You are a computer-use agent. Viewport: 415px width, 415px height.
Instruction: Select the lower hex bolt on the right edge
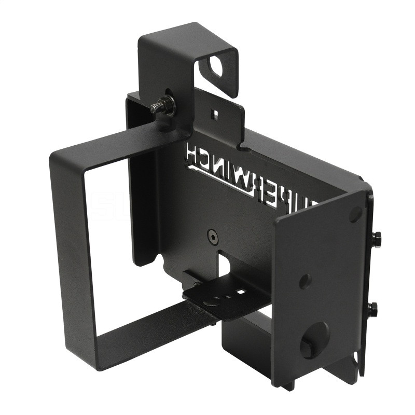[x=372, y=309]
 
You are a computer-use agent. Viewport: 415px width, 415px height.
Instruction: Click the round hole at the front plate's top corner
[x=355, y=213]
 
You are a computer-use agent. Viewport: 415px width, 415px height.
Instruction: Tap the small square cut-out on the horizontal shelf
[x=240, y=292]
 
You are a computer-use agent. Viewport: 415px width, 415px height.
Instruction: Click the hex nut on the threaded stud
[x=168, y=104]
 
